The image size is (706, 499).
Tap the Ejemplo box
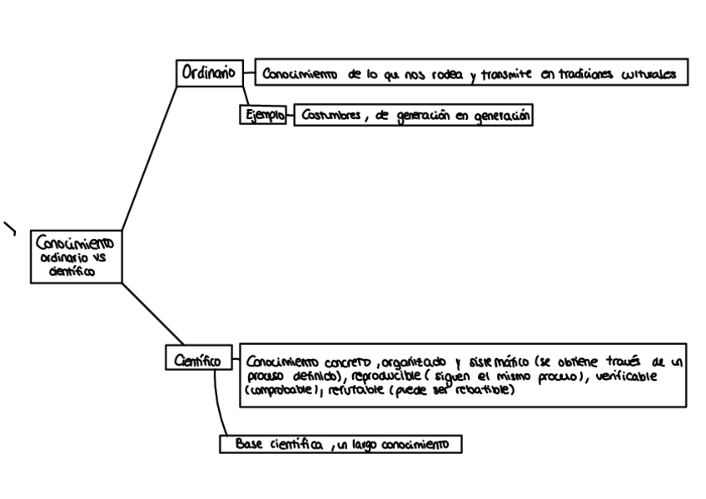coord(262,116)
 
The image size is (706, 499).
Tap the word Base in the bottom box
coord(248,444)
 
